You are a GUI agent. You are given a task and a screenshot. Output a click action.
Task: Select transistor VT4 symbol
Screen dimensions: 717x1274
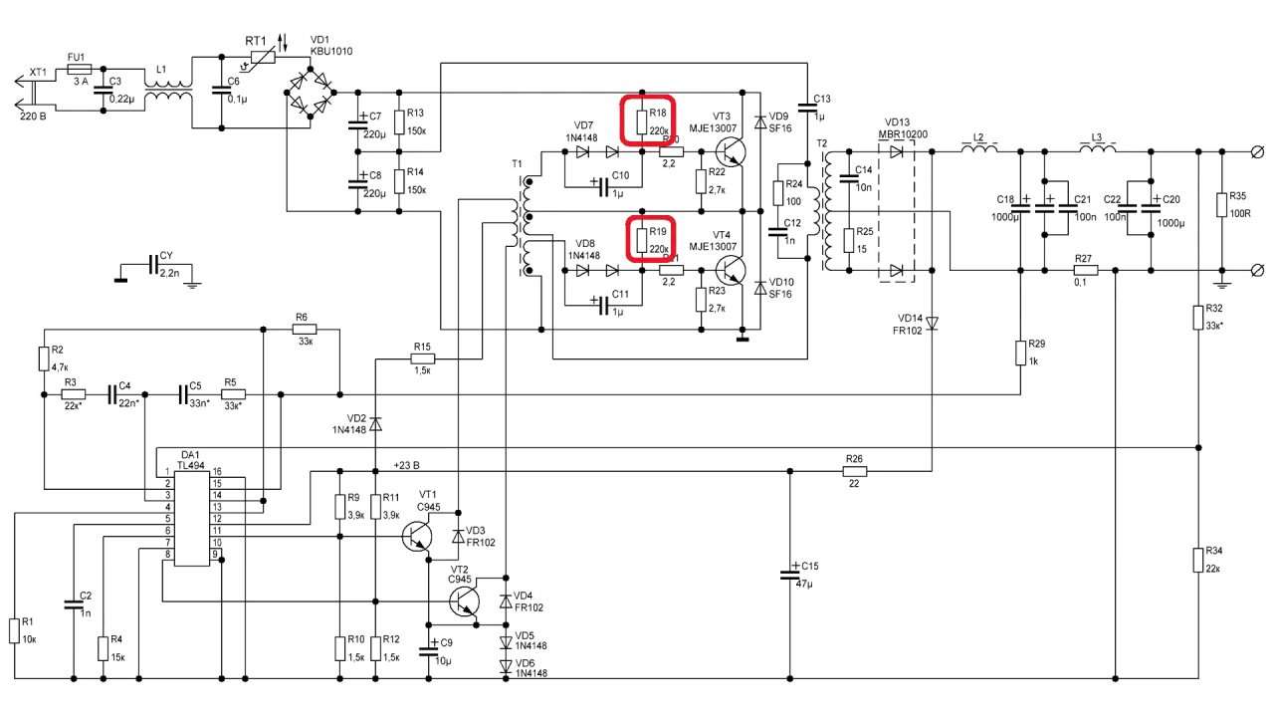pos(732,270)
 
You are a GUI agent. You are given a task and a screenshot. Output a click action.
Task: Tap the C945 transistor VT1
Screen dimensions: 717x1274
pos(419,536)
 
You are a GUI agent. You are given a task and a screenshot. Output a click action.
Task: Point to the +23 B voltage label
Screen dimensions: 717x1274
pos(406,465)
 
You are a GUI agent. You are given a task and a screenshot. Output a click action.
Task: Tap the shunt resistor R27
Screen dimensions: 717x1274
pos(1085,270)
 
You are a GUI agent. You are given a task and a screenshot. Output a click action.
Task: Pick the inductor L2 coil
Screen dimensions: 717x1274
pos(979,150)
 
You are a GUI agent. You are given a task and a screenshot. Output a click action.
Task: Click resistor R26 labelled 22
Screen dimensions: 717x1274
pos(854,472)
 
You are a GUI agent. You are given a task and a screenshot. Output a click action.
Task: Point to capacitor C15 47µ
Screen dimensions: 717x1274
pos(789,576)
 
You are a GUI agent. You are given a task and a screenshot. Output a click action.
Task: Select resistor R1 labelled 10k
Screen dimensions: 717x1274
pos(15,630)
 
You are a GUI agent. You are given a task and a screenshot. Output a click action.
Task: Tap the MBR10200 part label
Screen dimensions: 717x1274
pos(904,134)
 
